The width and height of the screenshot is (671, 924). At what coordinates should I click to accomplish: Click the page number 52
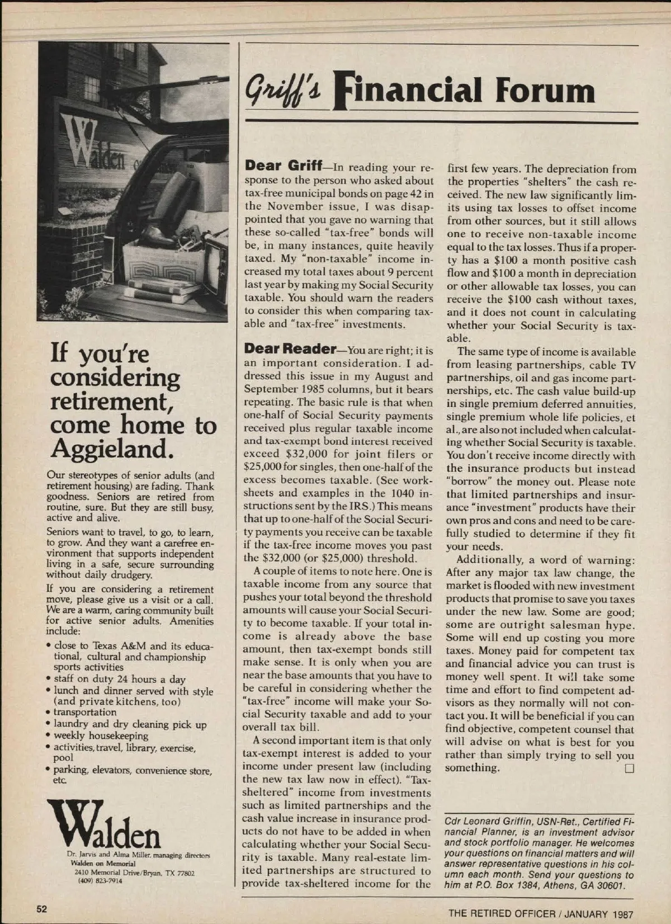pyautogui.click(x=42, y=908)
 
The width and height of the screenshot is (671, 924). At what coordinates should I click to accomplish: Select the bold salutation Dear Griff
pyautogui.click(x=283, y=166)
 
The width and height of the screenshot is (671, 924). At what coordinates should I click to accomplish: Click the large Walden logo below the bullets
pyautogui.click(x=104, y=824)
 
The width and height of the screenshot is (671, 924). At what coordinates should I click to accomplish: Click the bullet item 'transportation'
pyautogui.click(x=84, y=712)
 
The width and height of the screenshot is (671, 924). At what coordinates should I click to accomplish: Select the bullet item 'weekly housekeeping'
pyautogui.click(x=101, y=736)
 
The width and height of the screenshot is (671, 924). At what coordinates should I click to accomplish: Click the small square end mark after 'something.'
pyautogui.click(x=629, y=769)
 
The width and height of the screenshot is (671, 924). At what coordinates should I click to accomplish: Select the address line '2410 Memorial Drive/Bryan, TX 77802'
pyautogui.click(x=134, y=873)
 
